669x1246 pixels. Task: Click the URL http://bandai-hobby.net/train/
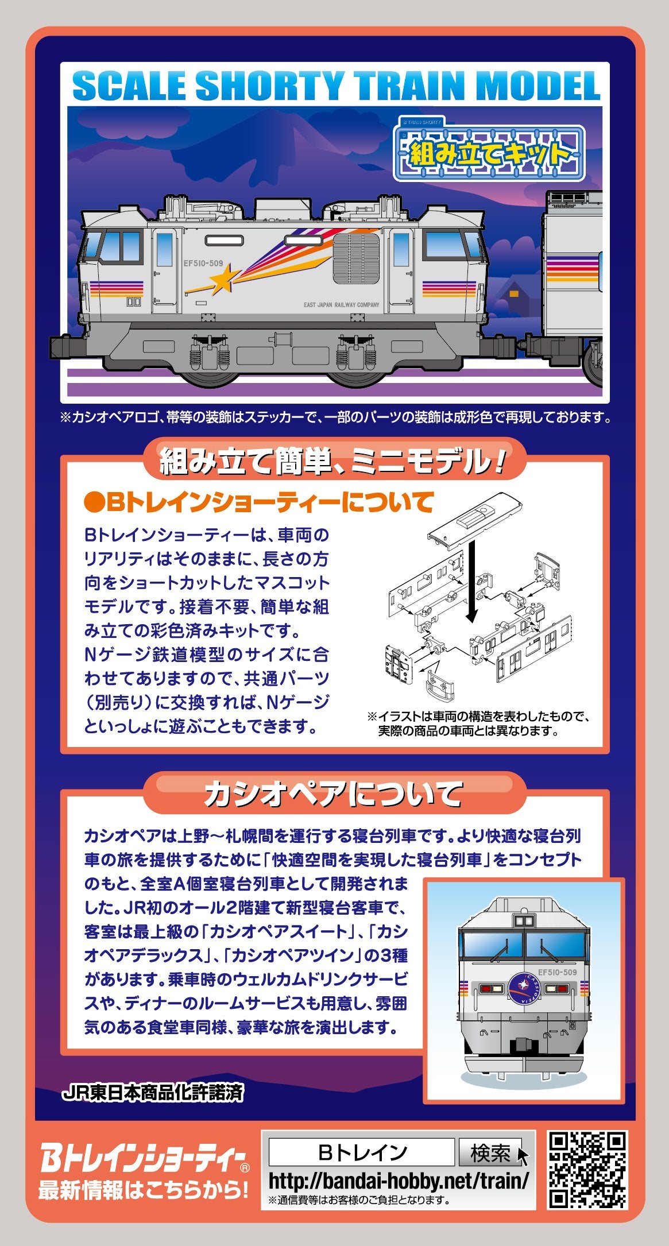click(399, 1181)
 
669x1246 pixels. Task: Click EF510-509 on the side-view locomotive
click(203, 264)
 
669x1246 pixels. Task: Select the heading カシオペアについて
click(334, 795)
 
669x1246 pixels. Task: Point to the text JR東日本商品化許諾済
click(152, 1093)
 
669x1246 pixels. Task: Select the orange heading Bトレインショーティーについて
click(258, 503)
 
